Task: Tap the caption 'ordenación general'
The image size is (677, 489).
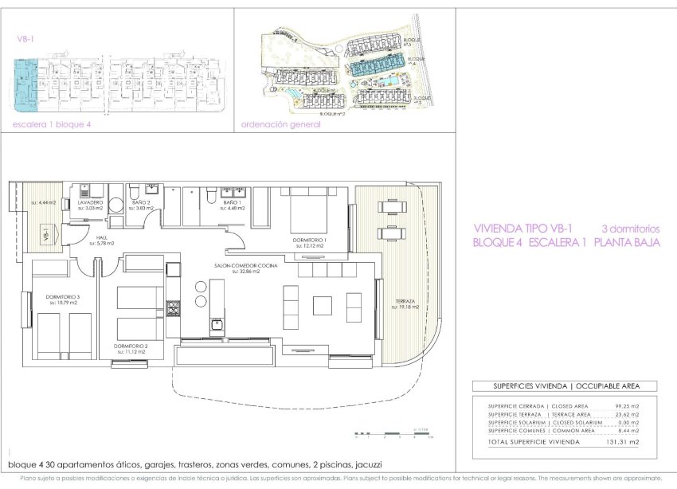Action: point(281,124)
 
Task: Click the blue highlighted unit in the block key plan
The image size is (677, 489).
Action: point(27,80)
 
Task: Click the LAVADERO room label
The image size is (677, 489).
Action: point(90,203)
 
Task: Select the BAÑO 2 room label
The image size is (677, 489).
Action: point(140,203)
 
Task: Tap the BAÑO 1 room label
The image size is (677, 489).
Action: point(233,203)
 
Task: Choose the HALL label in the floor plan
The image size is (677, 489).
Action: point(103,237)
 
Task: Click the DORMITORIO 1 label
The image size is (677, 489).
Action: point(310,240)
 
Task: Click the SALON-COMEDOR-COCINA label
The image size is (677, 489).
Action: point(247,266)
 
